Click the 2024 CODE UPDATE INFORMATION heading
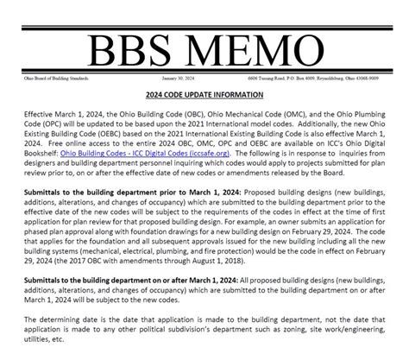204,96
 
